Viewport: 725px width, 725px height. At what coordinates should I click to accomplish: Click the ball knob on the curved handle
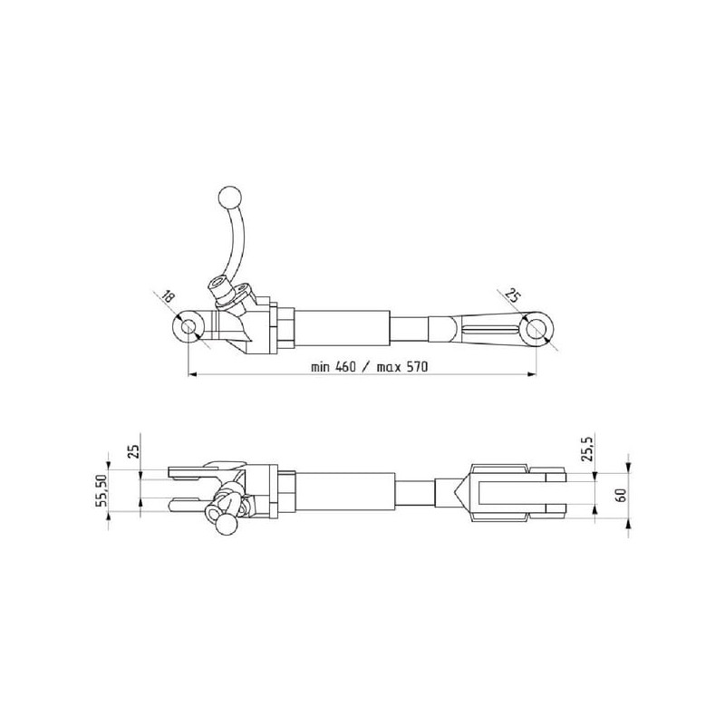[x=229, y=198]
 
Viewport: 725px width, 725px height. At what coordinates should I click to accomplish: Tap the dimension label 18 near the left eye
[x=167, y=296]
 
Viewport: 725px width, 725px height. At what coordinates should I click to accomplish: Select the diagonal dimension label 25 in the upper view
[x=512, y=295]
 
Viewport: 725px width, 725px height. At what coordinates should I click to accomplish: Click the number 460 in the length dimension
[x=345, y=367]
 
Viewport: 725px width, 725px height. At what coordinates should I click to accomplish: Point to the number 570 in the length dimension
[x=417, y=367]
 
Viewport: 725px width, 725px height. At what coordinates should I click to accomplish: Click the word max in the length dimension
[x=389, y=368]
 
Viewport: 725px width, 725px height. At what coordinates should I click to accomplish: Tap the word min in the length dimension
[x=320, y=368]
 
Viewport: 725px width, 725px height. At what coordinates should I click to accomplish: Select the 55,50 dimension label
[x=101, y=490]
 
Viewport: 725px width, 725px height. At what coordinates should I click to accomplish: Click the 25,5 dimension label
[x=586, y=448]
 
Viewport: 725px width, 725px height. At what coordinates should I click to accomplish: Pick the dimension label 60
[x=621, y=495]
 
